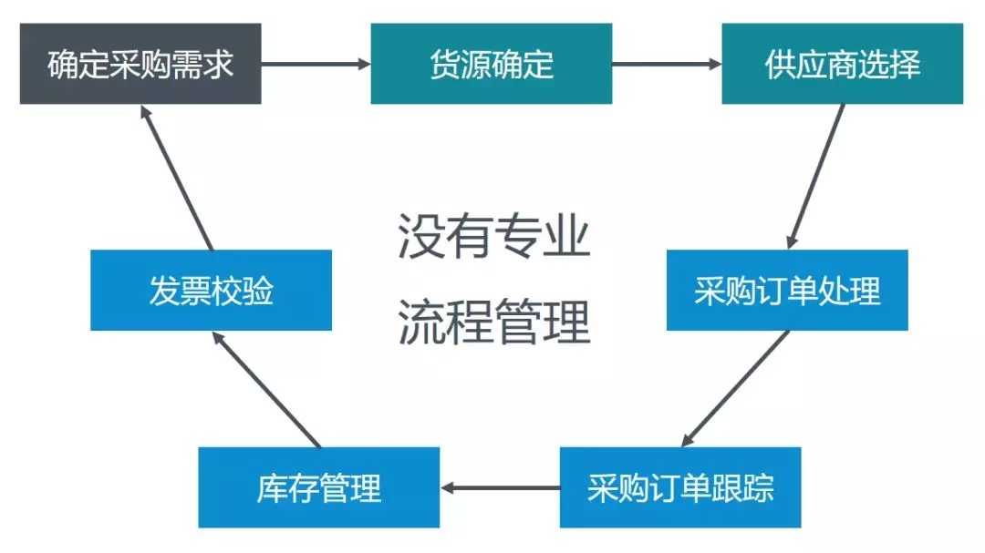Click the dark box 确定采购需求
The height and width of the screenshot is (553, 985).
[x=140, y=64]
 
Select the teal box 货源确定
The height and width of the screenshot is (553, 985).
[x=492, y=64]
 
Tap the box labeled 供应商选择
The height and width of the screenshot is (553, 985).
[x=843, y=64]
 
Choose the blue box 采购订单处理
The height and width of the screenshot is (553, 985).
[x=787, y=290]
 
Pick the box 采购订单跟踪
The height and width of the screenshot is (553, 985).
[x=680, y=487]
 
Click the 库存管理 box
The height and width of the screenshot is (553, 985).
[x=319, y=487]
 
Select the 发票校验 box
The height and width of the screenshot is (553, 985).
[x=211, y=290]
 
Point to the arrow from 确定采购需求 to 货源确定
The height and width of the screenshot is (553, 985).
[x=316, y=64]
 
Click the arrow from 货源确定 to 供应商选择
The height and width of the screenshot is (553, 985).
[x=667, y=64]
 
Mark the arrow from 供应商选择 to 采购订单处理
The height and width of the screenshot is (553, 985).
[x=816, y=177]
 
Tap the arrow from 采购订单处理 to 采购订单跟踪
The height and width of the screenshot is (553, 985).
[x=735, y=389]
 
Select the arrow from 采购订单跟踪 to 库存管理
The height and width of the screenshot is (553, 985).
[x=500, y=487]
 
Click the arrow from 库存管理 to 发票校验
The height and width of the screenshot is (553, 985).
[x=266, y=389]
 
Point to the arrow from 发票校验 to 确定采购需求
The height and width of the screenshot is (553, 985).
[x=177, y=177]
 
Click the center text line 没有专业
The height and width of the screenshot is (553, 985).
[x=494, y=236]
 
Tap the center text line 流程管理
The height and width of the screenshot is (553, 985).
[x=494, y=322]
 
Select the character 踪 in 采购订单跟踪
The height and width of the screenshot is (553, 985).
[x=759, y=487]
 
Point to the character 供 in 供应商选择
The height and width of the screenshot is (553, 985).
[x=780, y=64]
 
